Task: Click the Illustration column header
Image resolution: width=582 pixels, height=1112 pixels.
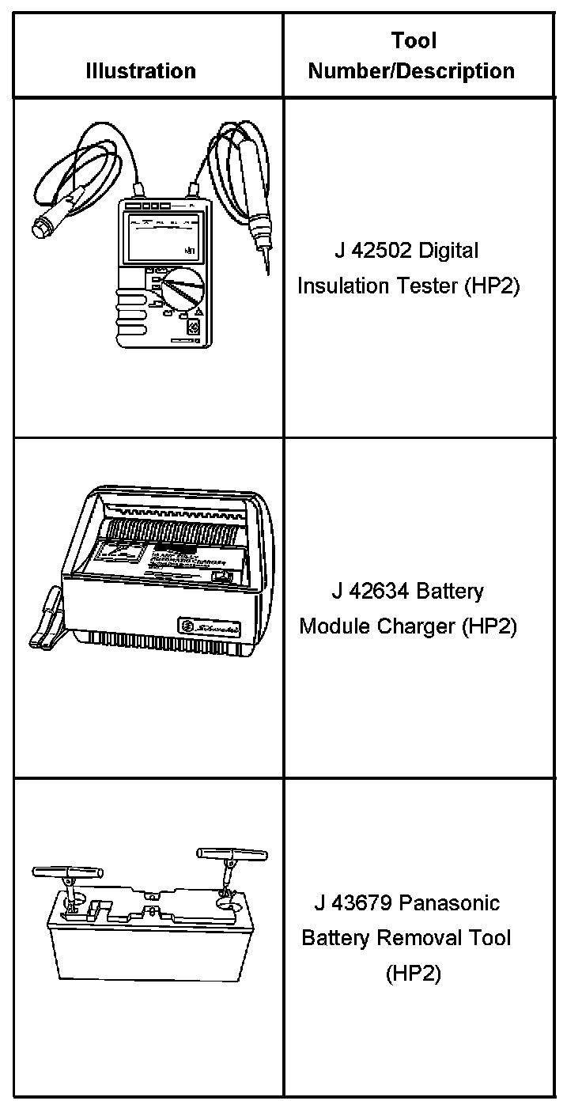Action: click(x=141, y=70)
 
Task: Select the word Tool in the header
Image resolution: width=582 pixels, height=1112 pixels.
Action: click(x=413, y=40)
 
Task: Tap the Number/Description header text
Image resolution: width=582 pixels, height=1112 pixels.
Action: click(x=411, y=70)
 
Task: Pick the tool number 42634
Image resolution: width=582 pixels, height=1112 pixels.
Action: click(x=379, y=592)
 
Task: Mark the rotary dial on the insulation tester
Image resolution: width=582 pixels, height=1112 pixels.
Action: click(x=181, y=289)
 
